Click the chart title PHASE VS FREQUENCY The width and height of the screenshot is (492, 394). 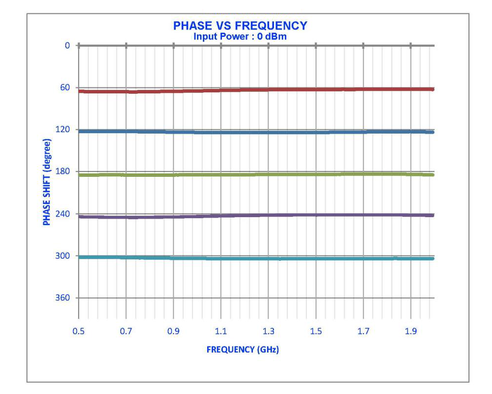[x=240, y=26]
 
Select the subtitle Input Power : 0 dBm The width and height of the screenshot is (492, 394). [x=240, y=36]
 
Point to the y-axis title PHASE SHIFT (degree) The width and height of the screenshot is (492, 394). [x=47, y=182]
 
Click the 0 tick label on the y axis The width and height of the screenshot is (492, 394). [x=68, y=46]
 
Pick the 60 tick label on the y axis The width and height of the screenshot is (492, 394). [x=66, y=87]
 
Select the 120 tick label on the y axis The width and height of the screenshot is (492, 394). [x=64, y=130]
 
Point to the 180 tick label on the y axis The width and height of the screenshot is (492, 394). [x=64, y=172]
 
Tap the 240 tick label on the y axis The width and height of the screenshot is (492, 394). [x=64, y=214]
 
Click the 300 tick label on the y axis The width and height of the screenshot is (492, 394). [x=64, y=256]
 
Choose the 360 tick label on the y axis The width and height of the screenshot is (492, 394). [x=64, y=298]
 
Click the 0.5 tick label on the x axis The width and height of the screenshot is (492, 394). [x=79, y=332]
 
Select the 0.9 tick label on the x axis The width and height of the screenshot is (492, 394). [x=173, y=332]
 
